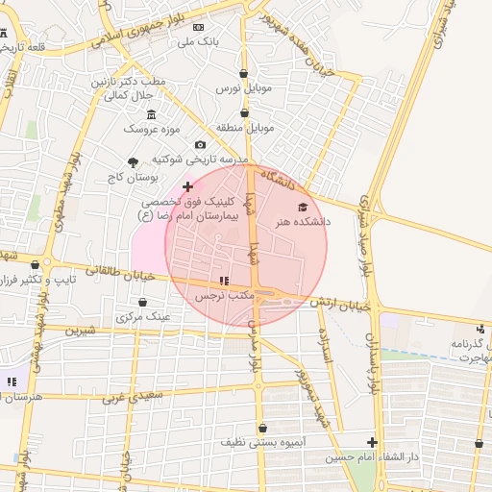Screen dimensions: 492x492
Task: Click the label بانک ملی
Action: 203,42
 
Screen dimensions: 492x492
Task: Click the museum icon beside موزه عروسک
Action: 151,114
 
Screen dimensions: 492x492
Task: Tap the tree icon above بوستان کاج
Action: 132,161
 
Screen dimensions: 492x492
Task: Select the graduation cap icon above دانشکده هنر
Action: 302,207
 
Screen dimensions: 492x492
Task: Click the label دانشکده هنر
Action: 303,221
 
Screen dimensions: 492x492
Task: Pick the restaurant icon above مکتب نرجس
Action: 224,282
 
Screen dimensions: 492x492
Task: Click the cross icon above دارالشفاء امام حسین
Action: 372,443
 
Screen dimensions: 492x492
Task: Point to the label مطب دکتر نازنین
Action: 129,82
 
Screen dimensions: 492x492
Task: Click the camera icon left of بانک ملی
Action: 199,27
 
